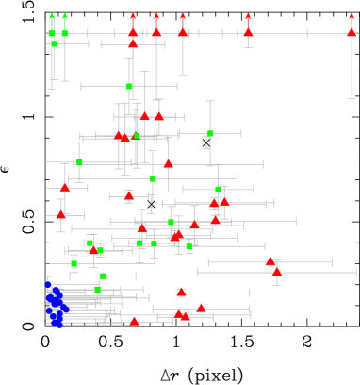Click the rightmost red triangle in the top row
click(x=352, y=31)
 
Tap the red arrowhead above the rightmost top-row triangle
click(x=352, y=15)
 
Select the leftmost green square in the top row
click(x=53, y=33)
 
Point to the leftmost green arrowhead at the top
click(x=53, y=15)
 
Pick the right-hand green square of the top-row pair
click(x=65, y=33)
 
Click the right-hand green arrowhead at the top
click(x=65, y=15)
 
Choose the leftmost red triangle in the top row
click(x=133, y=31)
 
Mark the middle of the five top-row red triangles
click(x=183, y=31)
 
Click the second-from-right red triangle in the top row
click(x=248, y=31)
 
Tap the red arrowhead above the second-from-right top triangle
click(x=248, y=15)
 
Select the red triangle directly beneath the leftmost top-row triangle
click(x=133, y=43)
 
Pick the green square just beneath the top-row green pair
click(x=55, y=43)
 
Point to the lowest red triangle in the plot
click(x=134, y=322)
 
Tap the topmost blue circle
click(x=48, y=284)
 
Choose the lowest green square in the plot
click(x=98, y=290)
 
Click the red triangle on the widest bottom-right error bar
click(x=276, y=272)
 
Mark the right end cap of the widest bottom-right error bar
click(x=355, y=273)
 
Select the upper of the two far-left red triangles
click(x=65, y=187)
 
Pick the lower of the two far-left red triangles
click(x=61, y=214)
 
